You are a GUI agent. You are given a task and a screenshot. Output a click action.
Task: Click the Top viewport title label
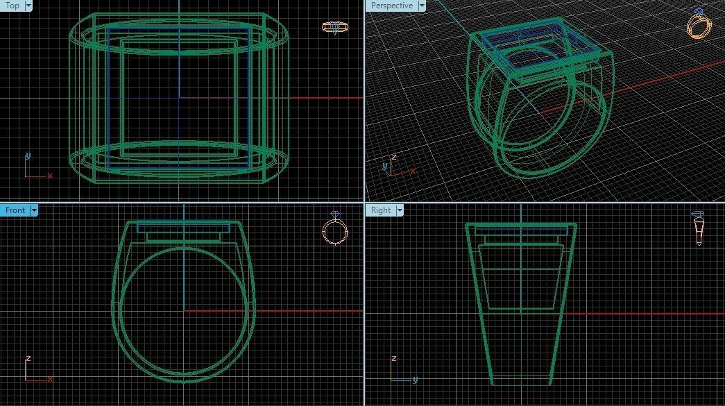(12, 6)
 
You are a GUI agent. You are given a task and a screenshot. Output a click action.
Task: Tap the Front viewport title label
(15, 210)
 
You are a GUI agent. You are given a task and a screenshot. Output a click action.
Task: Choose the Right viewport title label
(381, 210)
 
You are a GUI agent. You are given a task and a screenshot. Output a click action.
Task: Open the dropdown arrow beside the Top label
(28, 6)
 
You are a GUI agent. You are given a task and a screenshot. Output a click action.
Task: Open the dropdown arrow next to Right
(398, 210)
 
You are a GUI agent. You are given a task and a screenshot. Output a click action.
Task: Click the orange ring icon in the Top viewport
(335, 28)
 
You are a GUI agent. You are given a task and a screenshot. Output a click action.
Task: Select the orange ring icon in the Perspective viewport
(699, 24)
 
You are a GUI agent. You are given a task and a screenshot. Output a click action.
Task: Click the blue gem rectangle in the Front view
(183, 227)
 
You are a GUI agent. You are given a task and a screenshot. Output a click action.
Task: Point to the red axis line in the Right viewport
(638, 314)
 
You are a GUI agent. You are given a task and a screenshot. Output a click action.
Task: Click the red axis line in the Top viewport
(326, 98)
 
